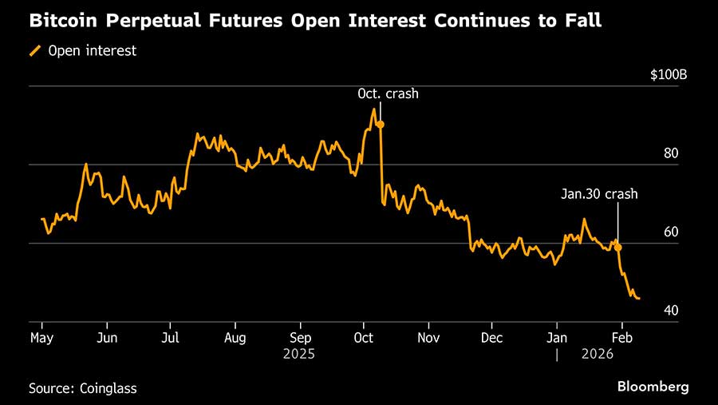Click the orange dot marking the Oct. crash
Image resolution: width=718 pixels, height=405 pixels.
pyautogui.click(x=381, y=125)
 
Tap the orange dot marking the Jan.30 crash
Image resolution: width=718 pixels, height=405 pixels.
pyautogui.click(x=618, y=248)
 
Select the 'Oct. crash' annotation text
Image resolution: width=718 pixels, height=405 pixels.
pyautogui.click(x=388, y=94)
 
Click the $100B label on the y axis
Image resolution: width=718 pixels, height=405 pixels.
pyautogui.click(x=669, y=75)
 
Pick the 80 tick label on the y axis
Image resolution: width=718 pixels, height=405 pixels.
pyautogui.click(x=671, y=153)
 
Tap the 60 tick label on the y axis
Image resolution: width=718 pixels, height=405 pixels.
pyautogui.click(x=671, y=232)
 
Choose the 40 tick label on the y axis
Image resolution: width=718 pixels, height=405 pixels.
pyautogui.click(x=671, y=310)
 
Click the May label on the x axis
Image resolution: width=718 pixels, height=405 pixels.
pyautogui.click(x=41, y=338)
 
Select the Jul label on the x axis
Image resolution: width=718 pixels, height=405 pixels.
pyautogui.click(x=169, y=338)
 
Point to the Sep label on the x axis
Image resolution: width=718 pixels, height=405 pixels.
pyautogui.click(x=299, y=338)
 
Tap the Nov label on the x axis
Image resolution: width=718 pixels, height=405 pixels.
pyautogui.click(x=428, y=338)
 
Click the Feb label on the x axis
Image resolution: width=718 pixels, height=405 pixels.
pyautogui.click(x=623, y=338)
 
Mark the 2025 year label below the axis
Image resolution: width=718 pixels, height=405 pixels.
pyautogui.click(x=299, y=353)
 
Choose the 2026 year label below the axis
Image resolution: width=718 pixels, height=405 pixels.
pyautogui.click(x=598, y=353)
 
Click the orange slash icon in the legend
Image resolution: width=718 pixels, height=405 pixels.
pyautogui.click(x=35, y=51)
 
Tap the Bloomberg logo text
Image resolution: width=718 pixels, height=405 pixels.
pyautogui.click(x=653, y=387)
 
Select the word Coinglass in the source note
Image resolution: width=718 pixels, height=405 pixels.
pyautogui.click(x=108, y=388)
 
